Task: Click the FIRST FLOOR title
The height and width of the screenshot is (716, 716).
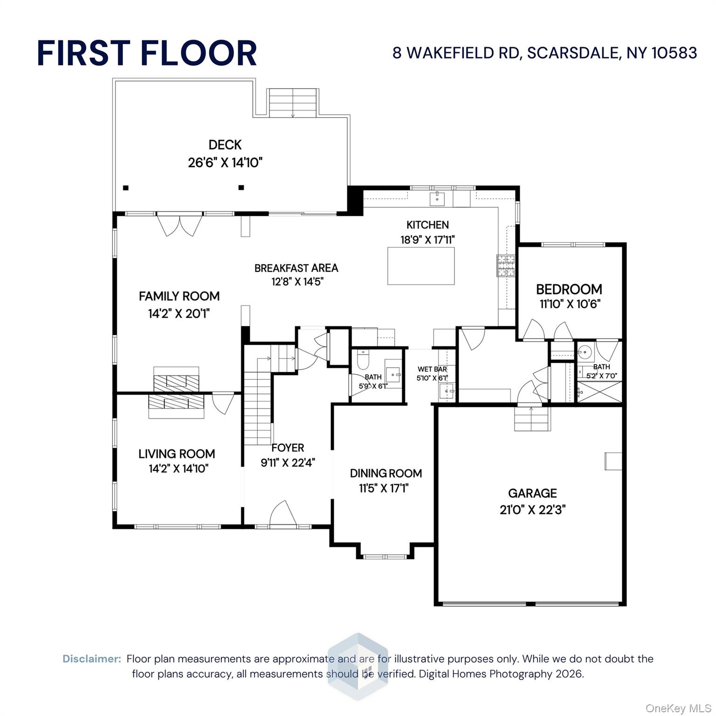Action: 147,53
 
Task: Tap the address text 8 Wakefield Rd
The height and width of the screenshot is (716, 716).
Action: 544,53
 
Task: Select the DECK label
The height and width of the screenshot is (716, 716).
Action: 225,145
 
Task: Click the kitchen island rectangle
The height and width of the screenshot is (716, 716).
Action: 421,266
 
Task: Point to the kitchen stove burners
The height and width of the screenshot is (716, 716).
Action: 506,266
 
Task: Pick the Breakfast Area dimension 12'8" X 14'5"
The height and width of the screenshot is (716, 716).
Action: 297,282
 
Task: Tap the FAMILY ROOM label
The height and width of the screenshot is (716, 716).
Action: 179,296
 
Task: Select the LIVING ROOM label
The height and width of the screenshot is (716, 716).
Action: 177,454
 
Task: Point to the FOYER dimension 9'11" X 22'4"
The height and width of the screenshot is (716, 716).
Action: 288,462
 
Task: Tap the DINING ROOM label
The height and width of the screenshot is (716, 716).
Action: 386,473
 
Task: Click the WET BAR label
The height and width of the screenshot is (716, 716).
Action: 432,369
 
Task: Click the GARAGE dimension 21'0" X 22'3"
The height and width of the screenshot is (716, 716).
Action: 532,509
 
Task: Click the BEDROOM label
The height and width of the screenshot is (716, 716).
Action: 569,289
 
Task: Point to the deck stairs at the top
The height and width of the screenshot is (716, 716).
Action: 293,103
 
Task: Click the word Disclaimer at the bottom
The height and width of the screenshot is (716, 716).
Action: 92,659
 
